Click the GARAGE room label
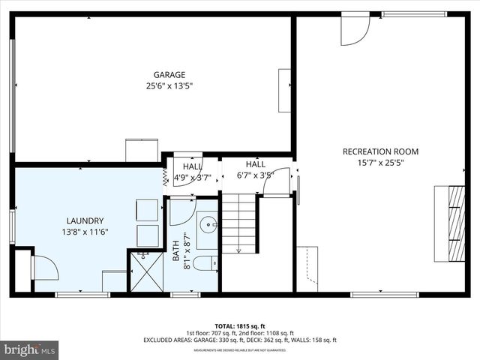coord(169,74)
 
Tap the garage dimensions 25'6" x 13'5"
coord(169,85)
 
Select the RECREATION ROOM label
coord(380,151)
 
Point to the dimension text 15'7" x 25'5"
coord(380,163)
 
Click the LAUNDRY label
coord(85,220)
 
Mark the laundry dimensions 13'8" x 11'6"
coord(85,232)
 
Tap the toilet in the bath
coord(205,262)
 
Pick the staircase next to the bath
coord(240,223)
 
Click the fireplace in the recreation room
coord(448,223)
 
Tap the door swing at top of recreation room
coord(354,30)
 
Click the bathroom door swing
coord(181,211)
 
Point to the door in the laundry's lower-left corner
coord(44,268)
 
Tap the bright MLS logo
coord(30,349)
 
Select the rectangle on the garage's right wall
coord(284,90)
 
